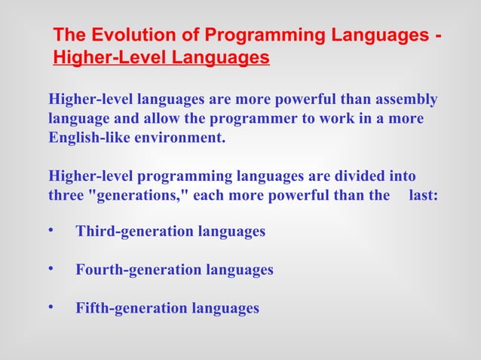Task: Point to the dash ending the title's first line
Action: point(438,35)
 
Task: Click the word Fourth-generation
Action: point(139,270)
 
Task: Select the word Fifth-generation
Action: point(131,308)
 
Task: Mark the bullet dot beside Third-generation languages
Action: point(51,230)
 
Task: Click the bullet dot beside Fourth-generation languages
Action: point(51,268)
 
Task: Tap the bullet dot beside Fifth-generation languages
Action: point(51,307)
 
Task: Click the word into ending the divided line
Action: point(402,177)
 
